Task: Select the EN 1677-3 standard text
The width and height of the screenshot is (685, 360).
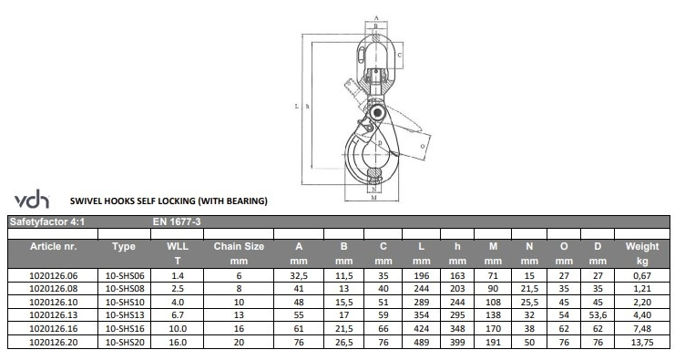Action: (177, 221)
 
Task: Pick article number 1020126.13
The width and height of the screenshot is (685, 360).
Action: (54, 315)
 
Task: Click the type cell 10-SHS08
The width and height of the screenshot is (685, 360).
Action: (125, 289)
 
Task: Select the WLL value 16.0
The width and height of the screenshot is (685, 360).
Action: (178, 342)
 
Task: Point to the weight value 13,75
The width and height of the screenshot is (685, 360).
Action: (642, 342)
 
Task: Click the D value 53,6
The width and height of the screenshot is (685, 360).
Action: (598, 315)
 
